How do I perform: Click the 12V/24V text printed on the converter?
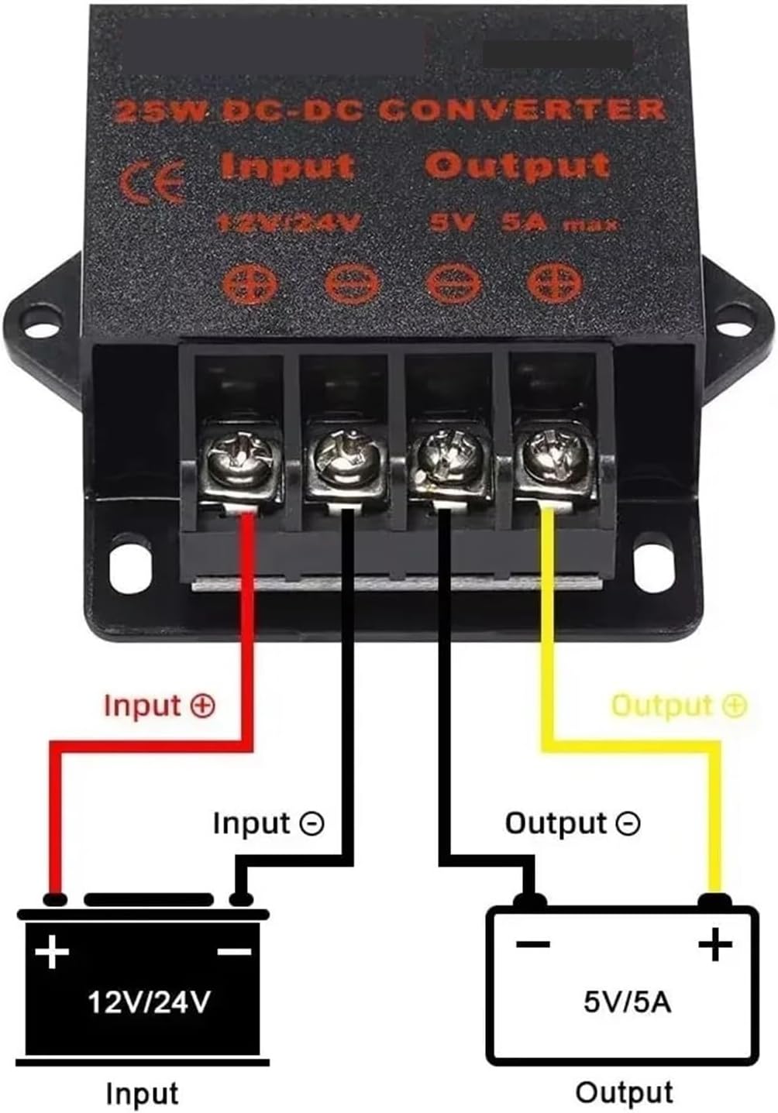pos(289,223)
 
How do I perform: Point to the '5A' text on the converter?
pos(525,223)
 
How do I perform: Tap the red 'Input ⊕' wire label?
pos(159,706)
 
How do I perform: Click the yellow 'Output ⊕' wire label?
pos(679,706)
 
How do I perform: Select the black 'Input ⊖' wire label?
pos(268,823)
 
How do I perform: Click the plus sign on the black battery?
pos(52,951)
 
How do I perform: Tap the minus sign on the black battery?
pos(233,950)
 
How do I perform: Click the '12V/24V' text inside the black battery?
pos(148,1003)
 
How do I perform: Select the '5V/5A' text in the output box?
pos(627,1002)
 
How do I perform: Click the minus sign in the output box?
pos(533,944)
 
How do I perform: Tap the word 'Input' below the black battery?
pos(142,1094)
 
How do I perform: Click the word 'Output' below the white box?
pos(625,1093)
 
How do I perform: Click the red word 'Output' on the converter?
pos(518,166)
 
